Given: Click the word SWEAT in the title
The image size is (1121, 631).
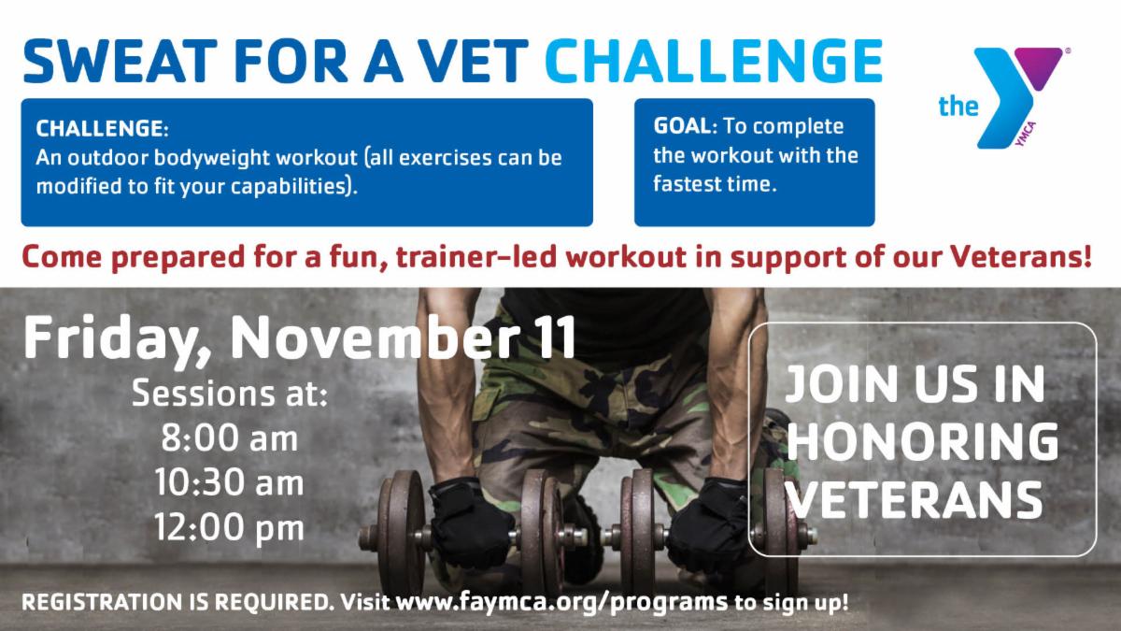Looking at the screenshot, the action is coord(121,61).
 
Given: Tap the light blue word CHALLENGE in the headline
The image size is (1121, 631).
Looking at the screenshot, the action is coord(714,61).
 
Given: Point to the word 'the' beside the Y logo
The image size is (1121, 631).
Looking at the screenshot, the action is coord(958,107).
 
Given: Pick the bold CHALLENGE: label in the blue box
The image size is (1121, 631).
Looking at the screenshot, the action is coord(102,129).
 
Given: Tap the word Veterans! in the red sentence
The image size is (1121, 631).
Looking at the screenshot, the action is coord(1020,257).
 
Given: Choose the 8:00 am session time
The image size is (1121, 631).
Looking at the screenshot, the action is coord(230,438).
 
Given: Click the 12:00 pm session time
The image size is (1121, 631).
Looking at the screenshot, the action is coord(229,528).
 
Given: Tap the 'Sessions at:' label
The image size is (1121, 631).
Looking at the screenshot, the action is coord(229,394).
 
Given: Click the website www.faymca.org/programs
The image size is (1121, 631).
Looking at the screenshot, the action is coord(561,602).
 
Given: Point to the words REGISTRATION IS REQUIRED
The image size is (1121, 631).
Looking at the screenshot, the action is coord(177,602).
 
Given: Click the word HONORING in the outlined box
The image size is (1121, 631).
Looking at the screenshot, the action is coord(923,441).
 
